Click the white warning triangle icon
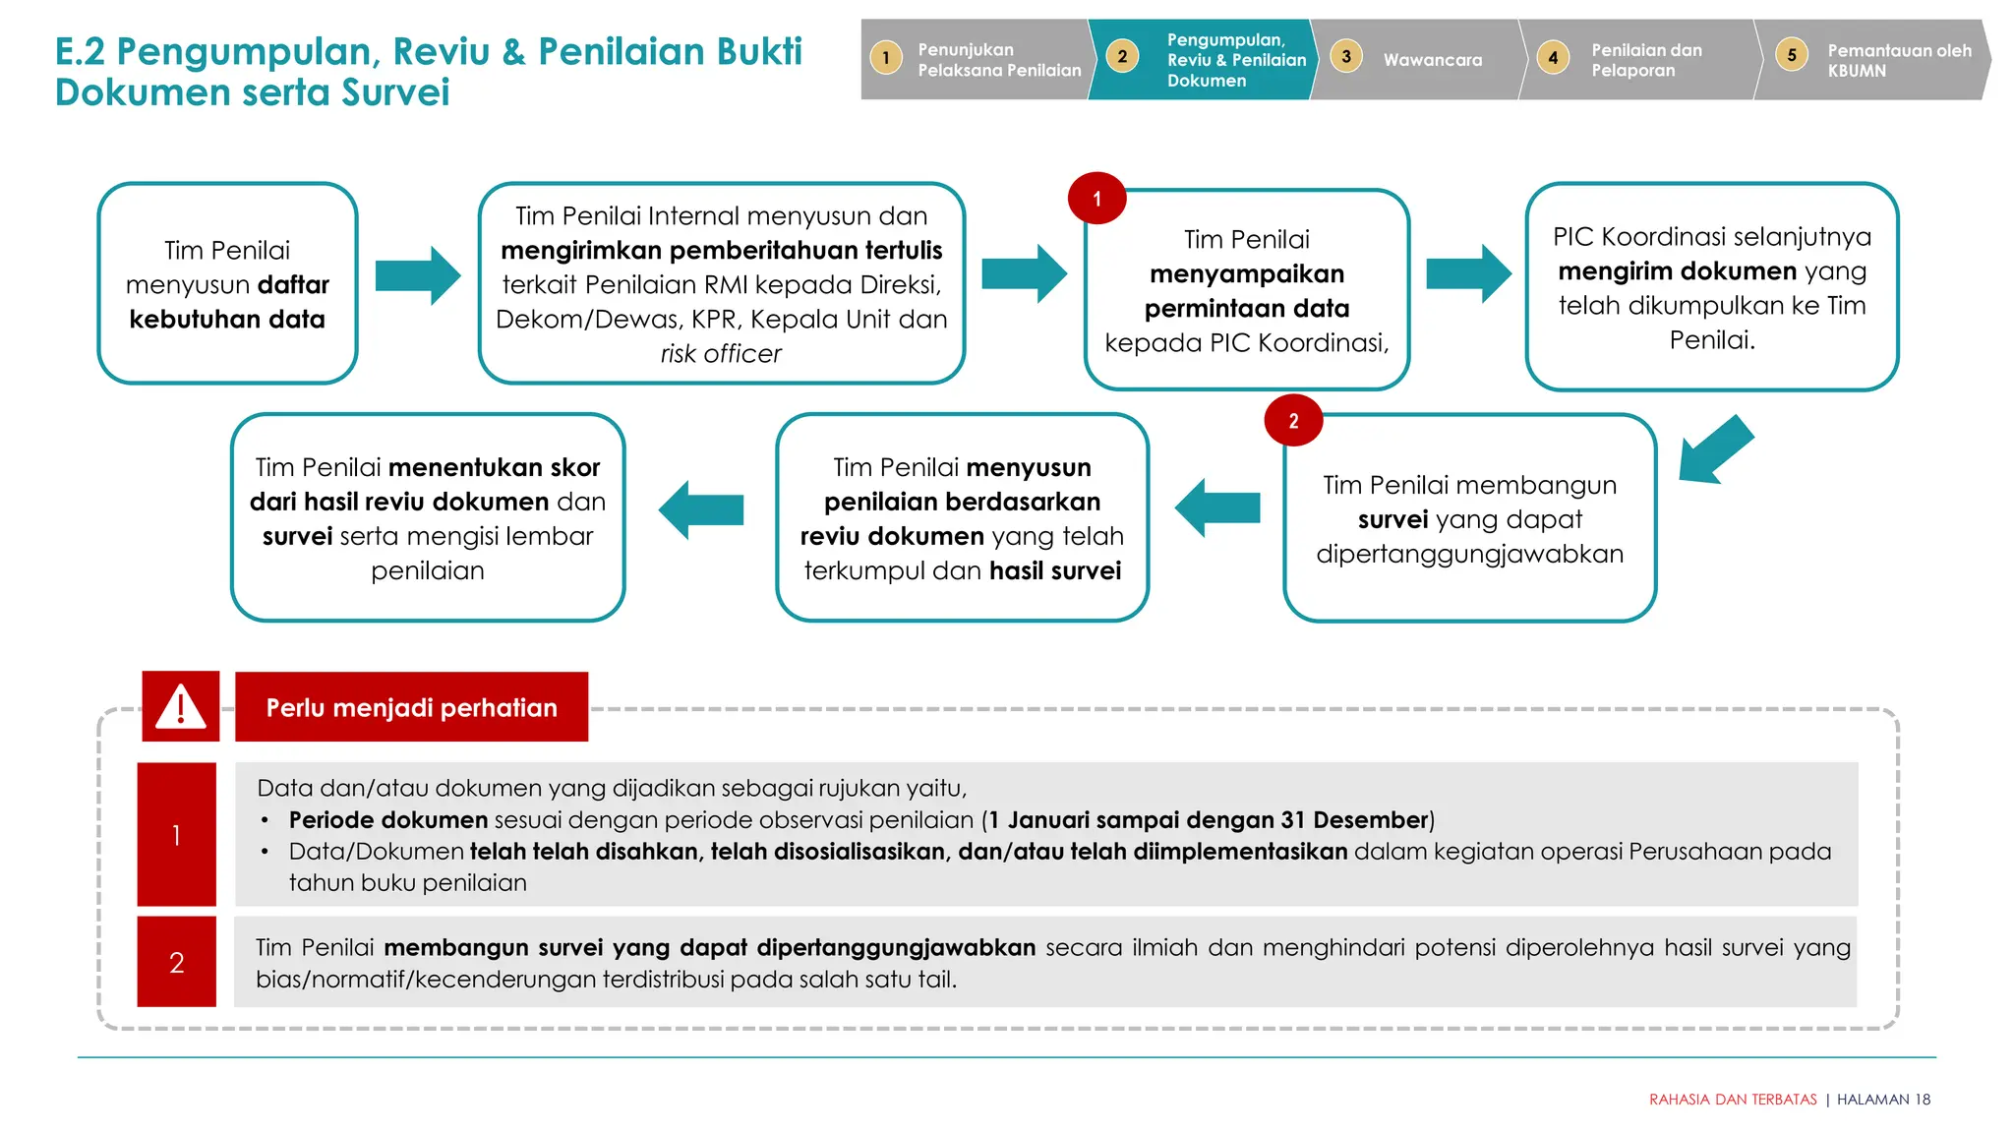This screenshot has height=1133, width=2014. [181, 706]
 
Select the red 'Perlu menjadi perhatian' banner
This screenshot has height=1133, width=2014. [411, 707]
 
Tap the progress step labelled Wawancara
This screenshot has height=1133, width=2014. [1432, 60]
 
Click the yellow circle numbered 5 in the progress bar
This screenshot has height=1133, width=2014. [1792, 55]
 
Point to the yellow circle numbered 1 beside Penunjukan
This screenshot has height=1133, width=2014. [886, 58]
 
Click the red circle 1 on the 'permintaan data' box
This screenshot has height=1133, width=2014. [1096, 199]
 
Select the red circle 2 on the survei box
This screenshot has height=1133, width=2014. [1293, 421]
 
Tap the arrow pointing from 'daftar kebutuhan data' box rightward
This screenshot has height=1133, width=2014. [418, 276]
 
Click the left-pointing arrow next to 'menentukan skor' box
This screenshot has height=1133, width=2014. [700, 509]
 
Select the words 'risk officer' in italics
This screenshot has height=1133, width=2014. [721, 354]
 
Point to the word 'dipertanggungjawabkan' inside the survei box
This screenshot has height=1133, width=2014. [1469, 554]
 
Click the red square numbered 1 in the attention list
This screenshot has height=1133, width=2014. [176, 834]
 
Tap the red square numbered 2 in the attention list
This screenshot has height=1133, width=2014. [176, 962]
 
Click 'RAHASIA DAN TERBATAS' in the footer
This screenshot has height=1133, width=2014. [1732, 1100]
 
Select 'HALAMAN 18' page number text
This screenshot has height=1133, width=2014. [1883, 1100]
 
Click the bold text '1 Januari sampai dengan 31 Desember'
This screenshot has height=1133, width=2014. [1209, 820]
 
